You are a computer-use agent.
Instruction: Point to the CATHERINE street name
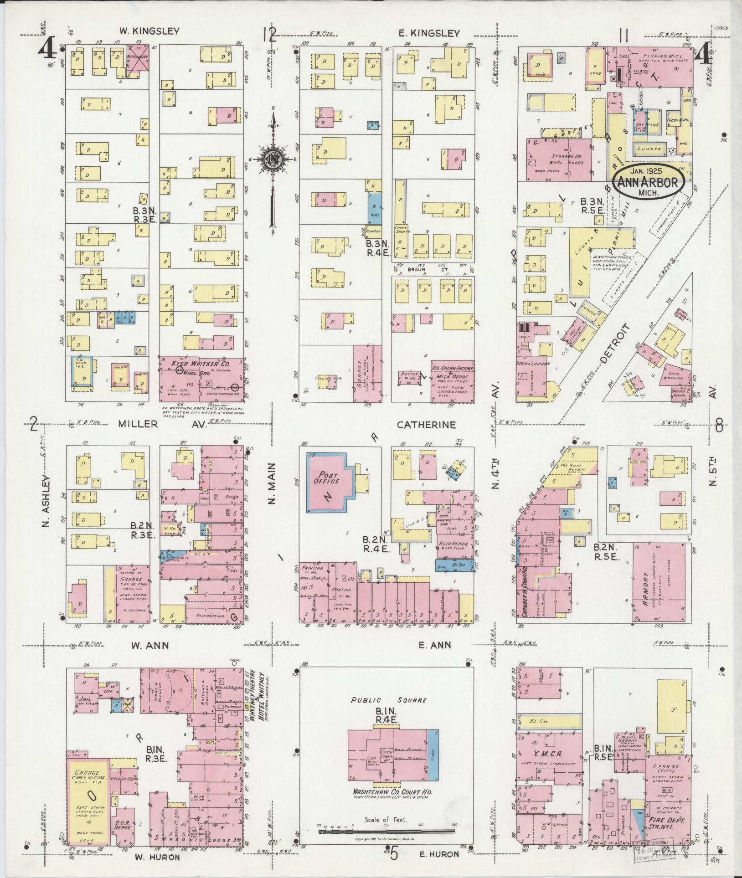coord(426,425)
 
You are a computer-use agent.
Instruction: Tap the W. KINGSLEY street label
coord(149,31)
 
